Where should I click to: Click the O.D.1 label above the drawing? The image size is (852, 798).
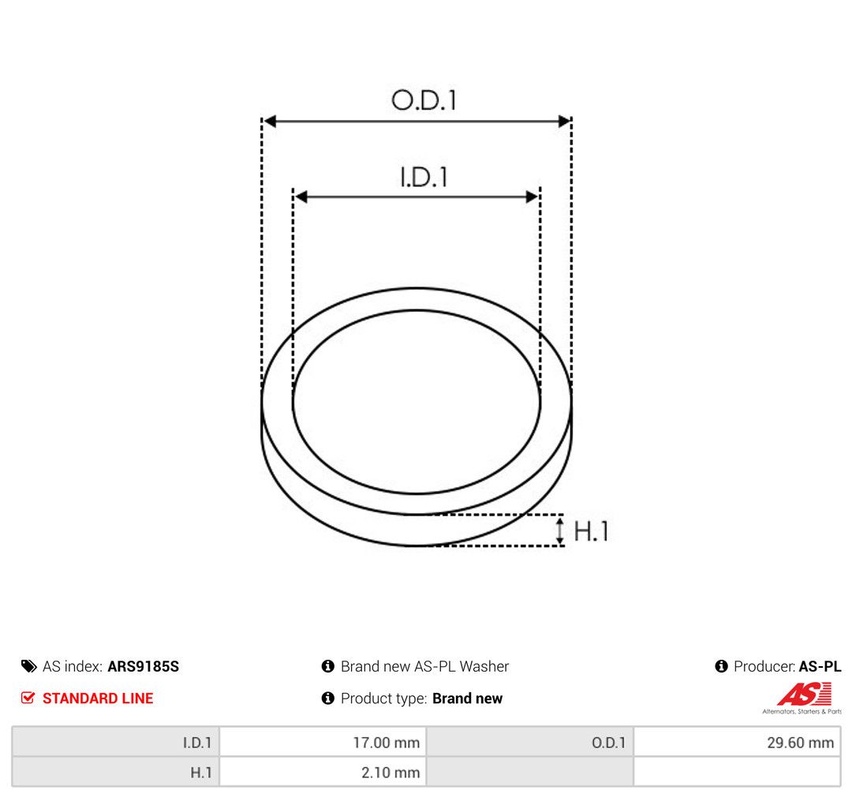424,100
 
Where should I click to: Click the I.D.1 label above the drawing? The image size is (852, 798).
424,178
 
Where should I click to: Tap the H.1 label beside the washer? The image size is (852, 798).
591,531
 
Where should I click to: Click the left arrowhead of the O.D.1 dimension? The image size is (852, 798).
270,122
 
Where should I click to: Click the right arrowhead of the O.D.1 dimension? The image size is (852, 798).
564,122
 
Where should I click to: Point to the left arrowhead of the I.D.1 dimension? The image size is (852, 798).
301,197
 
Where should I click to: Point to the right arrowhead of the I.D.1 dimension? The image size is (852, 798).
532,197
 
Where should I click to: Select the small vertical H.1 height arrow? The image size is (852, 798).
559,530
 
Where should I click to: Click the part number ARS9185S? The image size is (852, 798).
144,666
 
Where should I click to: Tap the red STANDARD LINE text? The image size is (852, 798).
98,698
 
